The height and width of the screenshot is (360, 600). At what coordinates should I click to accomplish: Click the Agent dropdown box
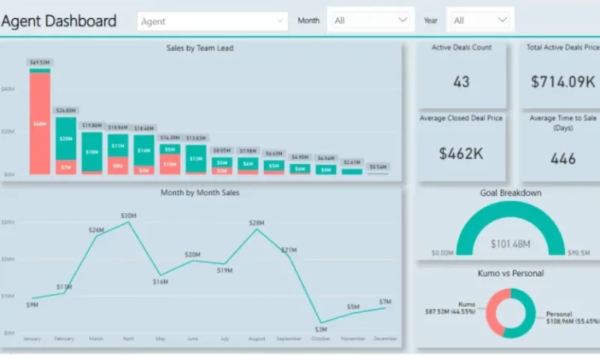212,21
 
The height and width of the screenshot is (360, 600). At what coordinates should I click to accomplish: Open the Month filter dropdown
371,20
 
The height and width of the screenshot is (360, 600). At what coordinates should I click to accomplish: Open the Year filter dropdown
480,20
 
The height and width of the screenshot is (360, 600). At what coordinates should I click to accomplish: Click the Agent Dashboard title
59,21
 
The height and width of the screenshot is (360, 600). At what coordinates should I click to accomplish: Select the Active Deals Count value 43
461,82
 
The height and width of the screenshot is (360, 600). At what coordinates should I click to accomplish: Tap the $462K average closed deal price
461,154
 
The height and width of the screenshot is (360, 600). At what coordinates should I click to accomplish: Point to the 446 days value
562,158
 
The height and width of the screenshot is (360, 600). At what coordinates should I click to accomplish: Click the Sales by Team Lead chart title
199,48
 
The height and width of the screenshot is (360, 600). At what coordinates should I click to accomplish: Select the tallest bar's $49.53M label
40,62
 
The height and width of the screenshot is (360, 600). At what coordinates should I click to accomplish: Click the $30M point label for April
128,215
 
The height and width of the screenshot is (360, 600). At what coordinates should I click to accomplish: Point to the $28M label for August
257,223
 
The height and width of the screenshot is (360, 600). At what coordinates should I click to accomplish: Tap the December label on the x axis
385,339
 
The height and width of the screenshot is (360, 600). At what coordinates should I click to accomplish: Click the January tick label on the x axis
31,339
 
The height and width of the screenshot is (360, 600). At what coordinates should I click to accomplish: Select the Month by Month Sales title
199,193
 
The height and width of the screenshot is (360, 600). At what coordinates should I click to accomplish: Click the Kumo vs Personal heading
510,274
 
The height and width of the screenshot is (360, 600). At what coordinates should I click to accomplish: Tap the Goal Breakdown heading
510,193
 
